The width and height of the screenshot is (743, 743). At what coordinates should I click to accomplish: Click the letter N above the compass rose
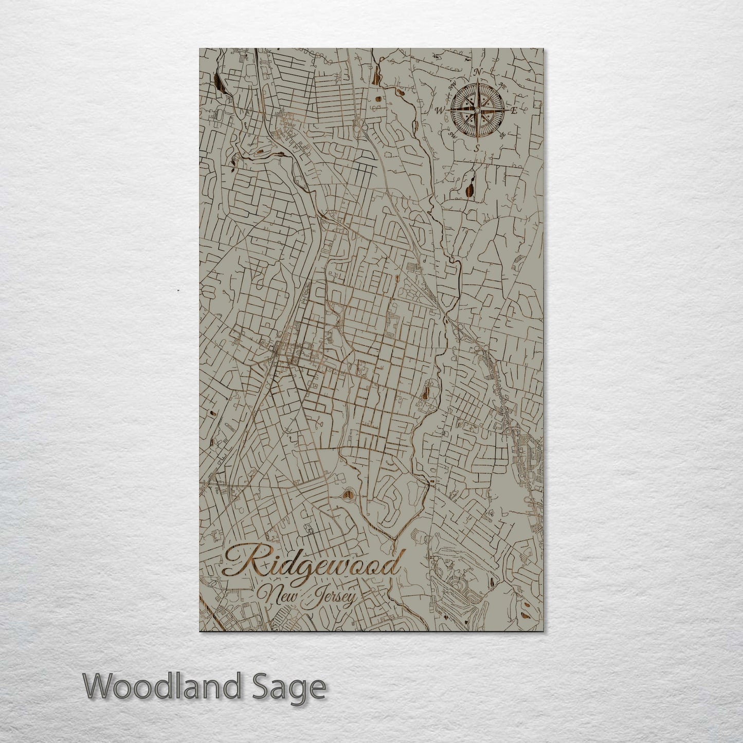coord(478,72)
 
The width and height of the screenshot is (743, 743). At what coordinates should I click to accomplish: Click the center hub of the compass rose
coord(477,110)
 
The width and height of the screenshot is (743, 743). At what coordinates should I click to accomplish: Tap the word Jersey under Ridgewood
coord(333,599)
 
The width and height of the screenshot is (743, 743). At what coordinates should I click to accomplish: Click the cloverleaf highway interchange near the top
coord(359,124)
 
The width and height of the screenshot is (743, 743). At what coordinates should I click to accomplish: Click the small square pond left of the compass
coord(378,99)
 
